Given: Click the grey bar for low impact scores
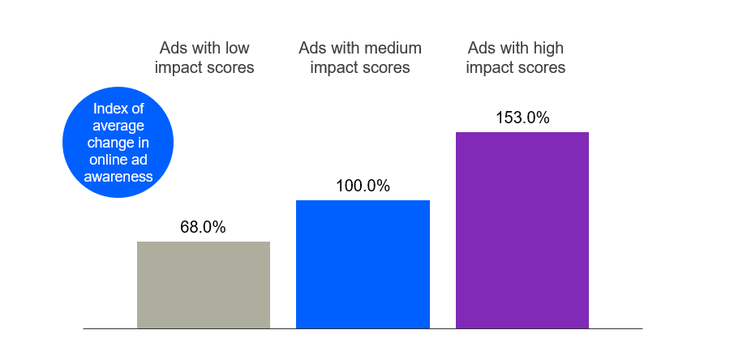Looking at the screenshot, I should [x=204, y=285].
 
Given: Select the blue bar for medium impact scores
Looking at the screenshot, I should [x=363, y=264].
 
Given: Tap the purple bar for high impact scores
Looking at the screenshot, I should [x=522, y=230].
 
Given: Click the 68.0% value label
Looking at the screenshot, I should [x=203, y=228].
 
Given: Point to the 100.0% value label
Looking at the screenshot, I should [x=363, y=186].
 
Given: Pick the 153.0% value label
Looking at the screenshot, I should [x=522, y=118].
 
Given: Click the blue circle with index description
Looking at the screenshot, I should [x=118, y=143].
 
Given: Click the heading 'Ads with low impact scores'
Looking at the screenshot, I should [x=204, y=57].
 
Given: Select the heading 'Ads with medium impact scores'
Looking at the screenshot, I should [x=360, y=57].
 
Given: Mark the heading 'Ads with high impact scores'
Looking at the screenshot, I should [x=516, y=57].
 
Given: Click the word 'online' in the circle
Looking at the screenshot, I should [x=109, y=160].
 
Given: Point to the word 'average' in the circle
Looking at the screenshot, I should [x=118, y=126].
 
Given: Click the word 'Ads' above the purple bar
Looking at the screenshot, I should [x=483, y=47].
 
